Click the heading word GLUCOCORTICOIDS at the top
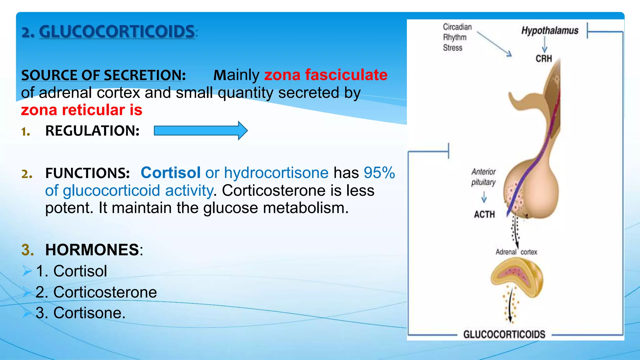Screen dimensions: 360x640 117,32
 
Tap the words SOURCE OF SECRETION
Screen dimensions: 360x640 103,75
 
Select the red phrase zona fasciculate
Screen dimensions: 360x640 326,75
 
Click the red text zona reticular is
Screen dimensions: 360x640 82,110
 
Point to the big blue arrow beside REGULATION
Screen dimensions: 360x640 201,131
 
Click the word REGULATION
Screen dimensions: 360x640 92,131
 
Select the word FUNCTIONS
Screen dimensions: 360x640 87,173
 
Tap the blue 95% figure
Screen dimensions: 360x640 379,173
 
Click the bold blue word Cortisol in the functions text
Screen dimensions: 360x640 171,173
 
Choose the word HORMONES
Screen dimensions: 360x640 92,250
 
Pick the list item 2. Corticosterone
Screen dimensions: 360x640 96,292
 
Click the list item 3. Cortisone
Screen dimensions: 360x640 80,313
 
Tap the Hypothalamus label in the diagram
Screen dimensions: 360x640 550,31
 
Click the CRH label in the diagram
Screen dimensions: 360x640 544,58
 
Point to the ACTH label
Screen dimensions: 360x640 484,214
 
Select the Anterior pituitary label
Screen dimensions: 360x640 483,177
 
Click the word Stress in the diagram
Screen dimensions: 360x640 452,48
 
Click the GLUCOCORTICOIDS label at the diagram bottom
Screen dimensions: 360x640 504,334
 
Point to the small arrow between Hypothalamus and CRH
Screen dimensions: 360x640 544,44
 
